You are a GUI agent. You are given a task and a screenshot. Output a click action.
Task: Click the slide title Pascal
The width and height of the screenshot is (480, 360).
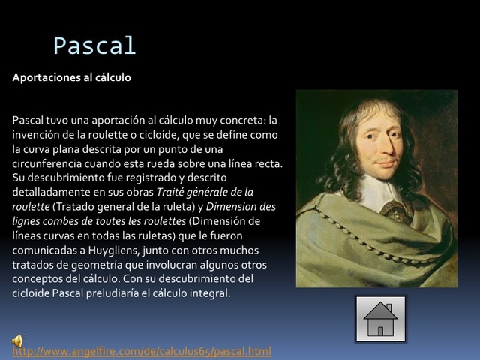pos(94,46)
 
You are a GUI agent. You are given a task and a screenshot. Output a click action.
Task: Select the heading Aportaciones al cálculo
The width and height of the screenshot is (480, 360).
pos(71,77)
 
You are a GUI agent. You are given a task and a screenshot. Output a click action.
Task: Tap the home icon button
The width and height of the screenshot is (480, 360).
pos(380,319)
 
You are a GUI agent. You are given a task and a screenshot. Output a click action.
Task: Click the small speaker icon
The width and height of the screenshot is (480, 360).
pos(18,341)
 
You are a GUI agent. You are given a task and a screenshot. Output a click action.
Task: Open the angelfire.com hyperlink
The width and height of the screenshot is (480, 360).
pos(142,351)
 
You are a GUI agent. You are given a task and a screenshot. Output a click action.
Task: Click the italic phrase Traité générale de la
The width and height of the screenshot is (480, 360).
pos(204,192)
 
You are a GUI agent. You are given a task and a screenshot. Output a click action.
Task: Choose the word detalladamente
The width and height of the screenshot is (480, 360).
pos(49,192)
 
